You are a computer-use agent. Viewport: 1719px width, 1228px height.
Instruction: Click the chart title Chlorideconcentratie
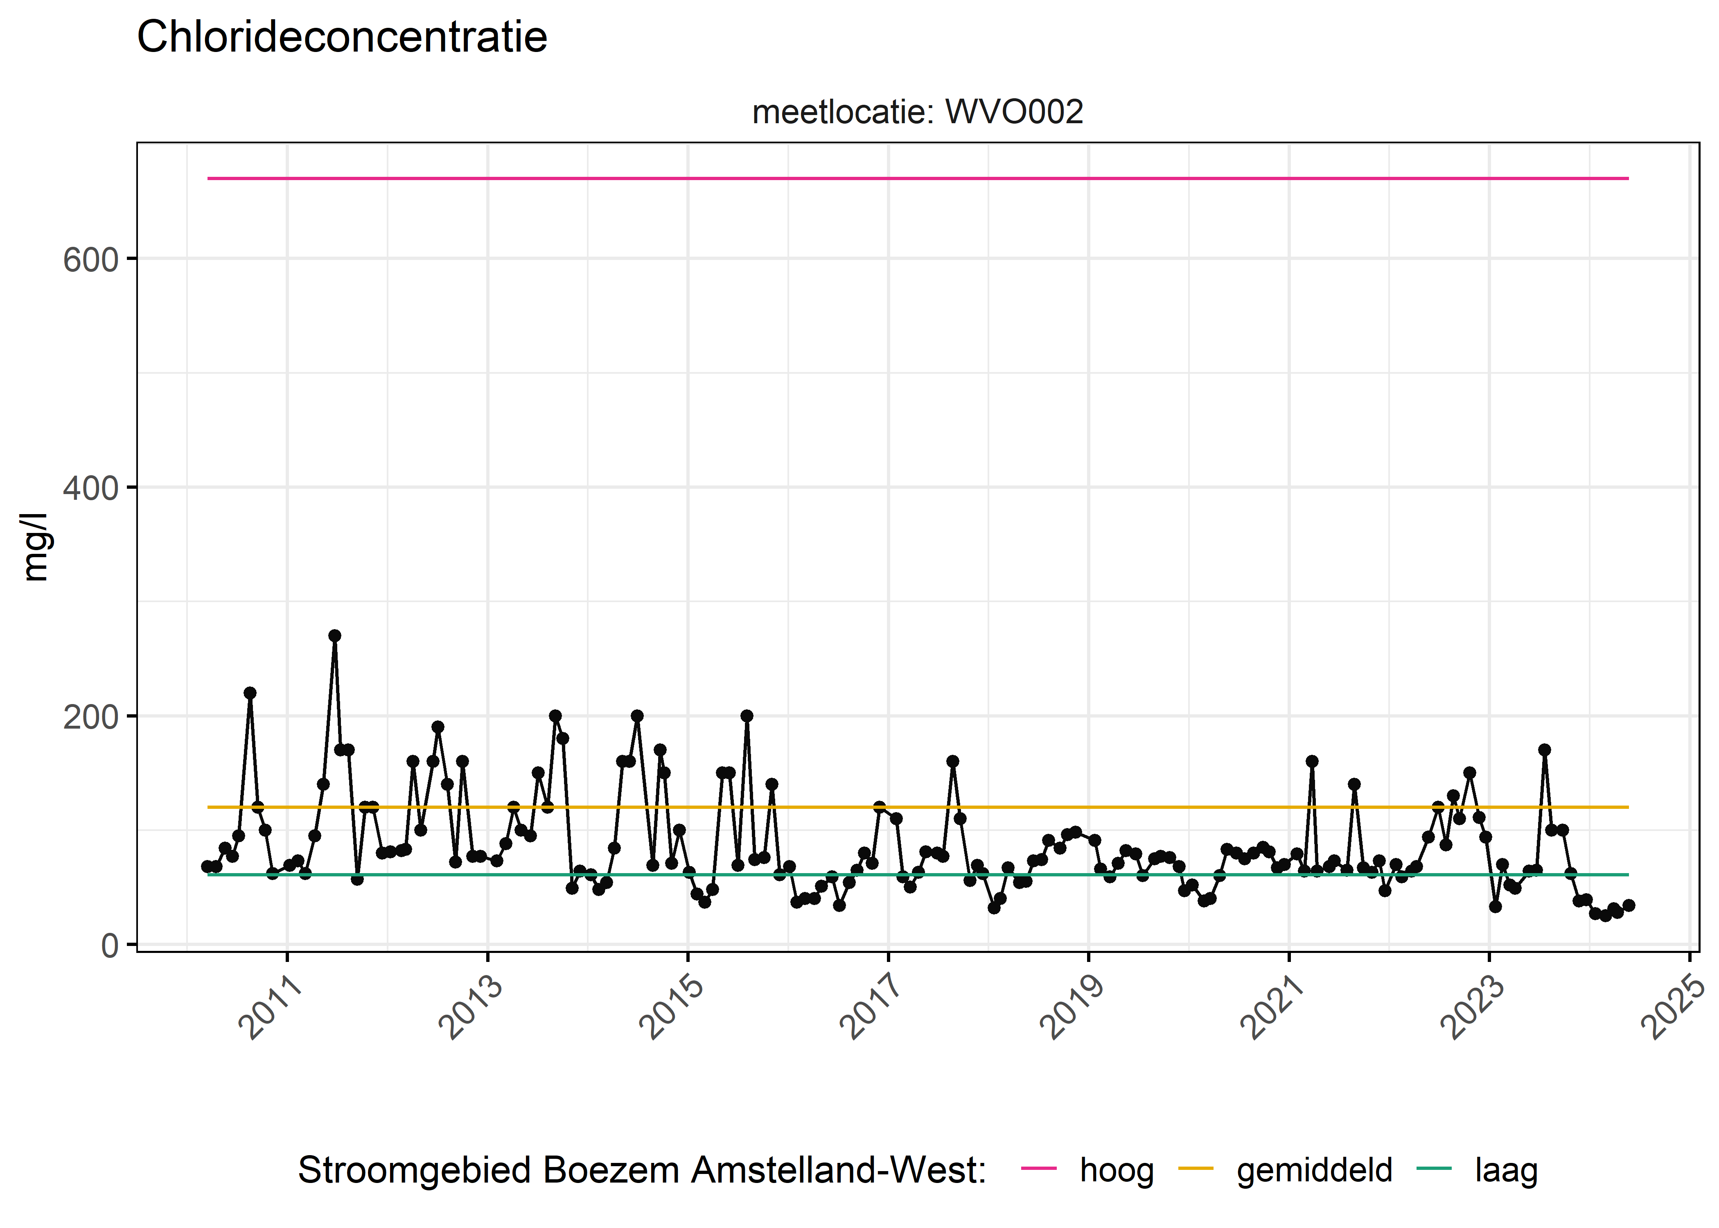pos(342,37)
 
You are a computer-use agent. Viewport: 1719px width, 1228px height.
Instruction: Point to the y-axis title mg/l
pos(36,547)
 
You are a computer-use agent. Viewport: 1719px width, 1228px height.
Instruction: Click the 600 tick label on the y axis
pos(91,260)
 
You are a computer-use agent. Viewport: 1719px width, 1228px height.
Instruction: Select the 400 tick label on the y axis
pos(91,488)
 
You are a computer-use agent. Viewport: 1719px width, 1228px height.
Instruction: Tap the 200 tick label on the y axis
pos(91,717)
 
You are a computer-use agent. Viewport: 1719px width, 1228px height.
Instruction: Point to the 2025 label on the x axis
pos(1672,1007)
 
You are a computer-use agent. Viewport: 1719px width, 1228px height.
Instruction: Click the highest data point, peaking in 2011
pos(334,635)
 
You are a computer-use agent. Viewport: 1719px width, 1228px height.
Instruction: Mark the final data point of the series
pos(1628,905)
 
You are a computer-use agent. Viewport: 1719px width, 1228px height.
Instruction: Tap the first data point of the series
pos(207,866)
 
